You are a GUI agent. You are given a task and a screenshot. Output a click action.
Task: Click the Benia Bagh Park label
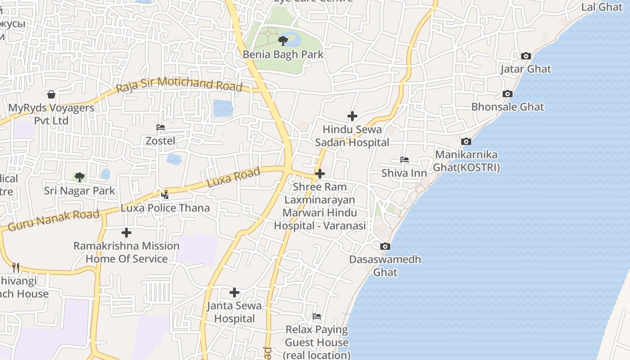click(283, 54)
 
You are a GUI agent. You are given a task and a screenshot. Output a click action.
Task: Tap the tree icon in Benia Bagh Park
click(283, 41)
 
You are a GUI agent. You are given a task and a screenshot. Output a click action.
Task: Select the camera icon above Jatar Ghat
click(526, 56)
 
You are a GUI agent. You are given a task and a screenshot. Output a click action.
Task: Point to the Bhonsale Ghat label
click(508, 107)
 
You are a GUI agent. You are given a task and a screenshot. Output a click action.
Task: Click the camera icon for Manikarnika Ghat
click(466, 142)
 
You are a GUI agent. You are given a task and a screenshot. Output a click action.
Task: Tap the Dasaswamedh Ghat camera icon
click(385, 247)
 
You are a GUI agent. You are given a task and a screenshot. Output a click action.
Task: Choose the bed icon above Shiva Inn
click(404, 160)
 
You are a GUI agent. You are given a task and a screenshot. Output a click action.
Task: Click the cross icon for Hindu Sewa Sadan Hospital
click(352, 116)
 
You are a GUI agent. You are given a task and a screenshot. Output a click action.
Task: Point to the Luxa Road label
click(234, 177)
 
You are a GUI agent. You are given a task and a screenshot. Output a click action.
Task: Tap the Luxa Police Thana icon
click(165, 195)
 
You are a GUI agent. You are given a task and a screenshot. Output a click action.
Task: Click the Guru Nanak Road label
click(54, 220)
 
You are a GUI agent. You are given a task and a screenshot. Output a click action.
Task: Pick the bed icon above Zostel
click(161, 127)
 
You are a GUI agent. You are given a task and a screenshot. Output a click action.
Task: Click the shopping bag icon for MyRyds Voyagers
click(51, 94)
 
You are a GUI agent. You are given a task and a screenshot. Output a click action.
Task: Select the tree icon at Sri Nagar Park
click(80, 177)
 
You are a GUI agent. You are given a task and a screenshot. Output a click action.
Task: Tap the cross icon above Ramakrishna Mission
click(126, 233)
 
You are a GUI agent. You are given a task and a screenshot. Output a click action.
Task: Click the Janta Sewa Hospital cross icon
click(234, 292)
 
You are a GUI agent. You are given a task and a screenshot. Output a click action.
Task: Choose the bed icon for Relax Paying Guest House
click(317, 316)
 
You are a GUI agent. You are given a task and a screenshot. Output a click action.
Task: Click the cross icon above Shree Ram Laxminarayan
click(320, 173)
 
